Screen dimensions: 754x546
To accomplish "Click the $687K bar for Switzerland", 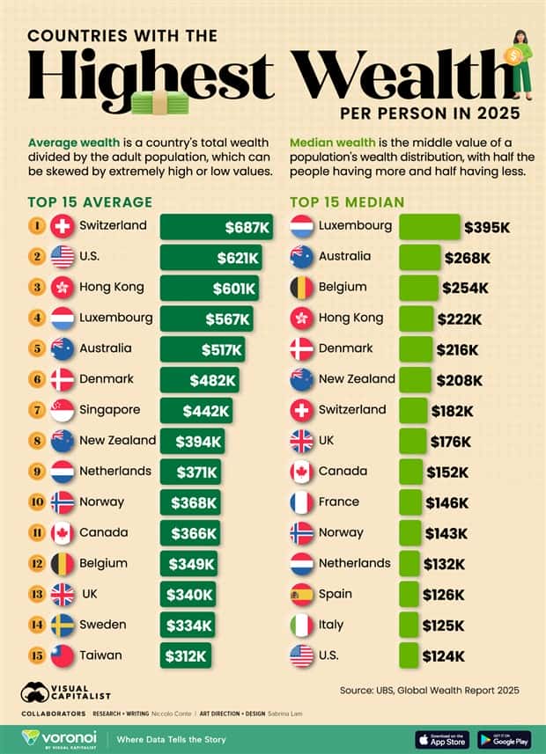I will pyautogui.click(x=216, y=227).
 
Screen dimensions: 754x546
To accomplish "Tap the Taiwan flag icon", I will pyautogui.click(x=63, y=655).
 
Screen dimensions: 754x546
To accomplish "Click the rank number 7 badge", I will pyautogui.click(x=36, y=410).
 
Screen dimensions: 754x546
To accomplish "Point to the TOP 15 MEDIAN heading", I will pyautogui.click(x=347, y=202).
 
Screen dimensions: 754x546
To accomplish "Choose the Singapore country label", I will pyautogui.click(x=109, y=410).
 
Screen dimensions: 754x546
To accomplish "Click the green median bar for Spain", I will pyautogui.click(x=409, y=595).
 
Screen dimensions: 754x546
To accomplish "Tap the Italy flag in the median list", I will pyautogui.click(x=302, y=626).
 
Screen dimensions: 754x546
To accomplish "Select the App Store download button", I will pyautogui.click(x=442, y=739).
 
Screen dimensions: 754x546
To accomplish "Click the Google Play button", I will pyautogui.click(x=505, y=739).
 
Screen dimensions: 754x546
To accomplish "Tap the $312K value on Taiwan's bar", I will pyautogui.click(x=186, y=655).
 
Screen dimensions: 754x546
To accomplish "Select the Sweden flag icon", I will pyautogui.click(x=63, y=626).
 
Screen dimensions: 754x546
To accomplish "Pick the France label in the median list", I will pyautogui.click(x=339, y=502).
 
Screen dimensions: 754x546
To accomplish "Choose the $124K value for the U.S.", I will pyautogui.click(x=443, y=656).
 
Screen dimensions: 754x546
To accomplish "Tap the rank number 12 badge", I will pyautogui.click(x=36, y=564).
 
